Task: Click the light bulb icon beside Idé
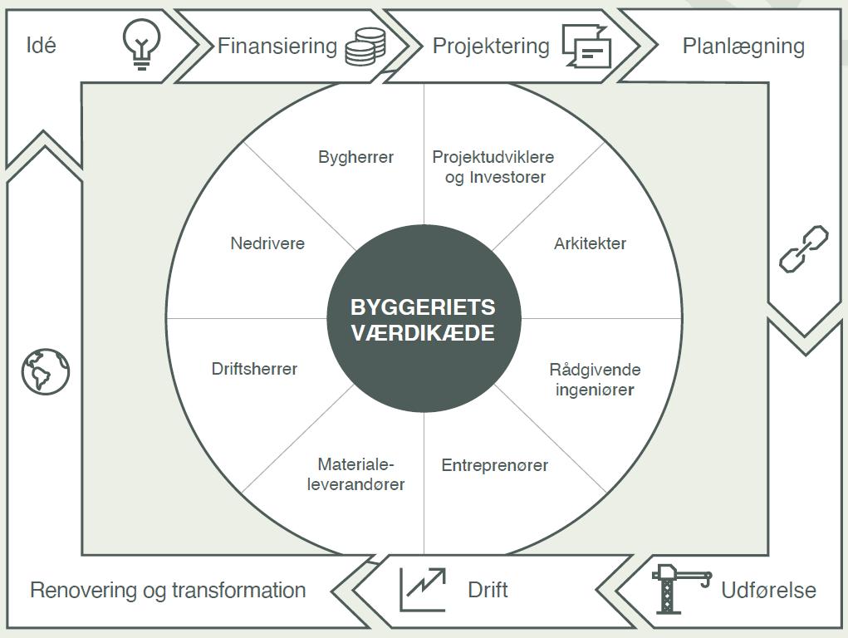tap(141, 44)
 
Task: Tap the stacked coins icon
tap(365, 47)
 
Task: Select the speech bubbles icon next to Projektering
tap(586, 46)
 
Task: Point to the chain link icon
tap(804, 249)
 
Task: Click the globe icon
tap(46, 371)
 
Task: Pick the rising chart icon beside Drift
tap(423, 589)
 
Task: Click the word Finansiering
tap(277, 46)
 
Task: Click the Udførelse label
tap(768, 590)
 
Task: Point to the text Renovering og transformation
tap(169, 591)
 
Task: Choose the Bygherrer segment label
tap(355, 157)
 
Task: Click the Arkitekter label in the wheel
tap(590, 243)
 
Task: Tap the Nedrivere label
tap(267, 243)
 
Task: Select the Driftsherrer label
tap(255, 369)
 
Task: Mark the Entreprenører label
tap(495, 465)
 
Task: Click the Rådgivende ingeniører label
tap(595, 380)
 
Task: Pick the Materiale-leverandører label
tap(355, 474)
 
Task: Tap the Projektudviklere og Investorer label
tap(493, 167)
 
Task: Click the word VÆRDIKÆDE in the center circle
tap(423, 333)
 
